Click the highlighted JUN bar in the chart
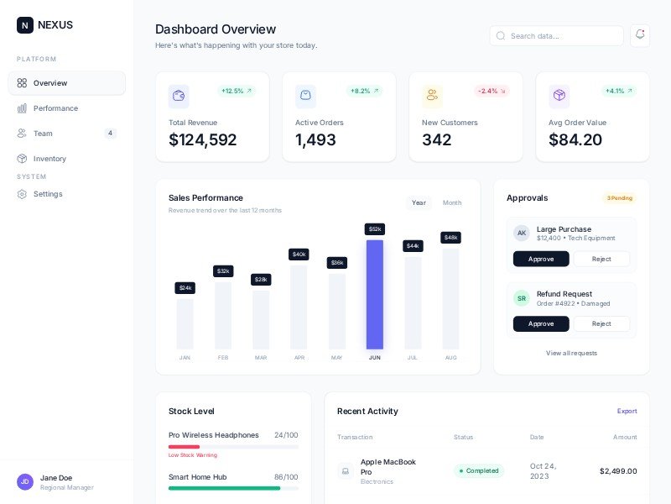(375, 294)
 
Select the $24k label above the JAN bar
(185, 288)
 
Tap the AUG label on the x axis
(450, 358)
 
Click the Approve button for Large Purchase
(541, 259)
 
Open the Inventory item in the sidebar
(49, 159)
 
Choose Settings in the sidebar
(48, 194)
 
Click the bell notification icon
(640, 34)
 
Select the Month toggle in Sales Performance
(452, 202)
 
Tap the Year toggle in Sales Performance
(419, 202)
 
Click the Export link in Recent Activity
(627, 411)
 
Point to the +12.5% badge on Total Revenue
(237, 91)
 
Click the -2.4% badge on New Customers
(492, 91)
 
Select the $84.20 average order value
(575, 140)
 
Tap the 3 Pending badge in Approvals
(619, 198)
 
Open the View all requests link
(571, 353)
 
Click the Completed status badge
(479, 470)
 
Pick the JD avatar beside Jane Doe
(25, 481)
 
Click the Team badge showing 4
(110, 134)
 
